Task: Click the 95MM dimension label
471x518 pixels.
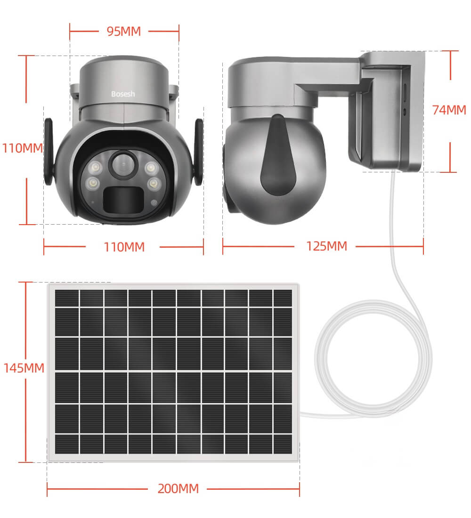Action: [123, 32]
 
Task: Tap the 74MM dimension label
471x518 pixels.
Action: [449, 110]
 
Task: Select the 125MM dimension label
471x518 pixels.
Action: [326, 246]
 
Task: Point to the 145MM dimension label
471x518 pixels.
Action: [24, 368]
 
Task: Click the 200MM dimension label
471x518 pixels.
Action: [178, 489]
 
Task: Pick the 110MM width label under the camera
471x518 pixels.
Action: [124, 247]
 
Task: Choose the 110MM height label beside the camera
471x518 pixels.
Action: [23, 148]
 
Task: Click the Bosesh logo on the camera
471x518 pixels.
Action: [123, 94]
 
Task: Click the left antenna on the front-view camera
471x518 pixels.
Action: [49, 152]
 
